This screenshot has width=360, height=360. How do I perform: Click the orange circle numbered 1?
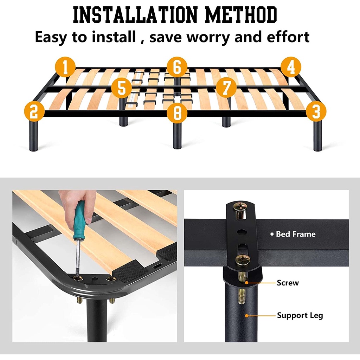click(65, 67)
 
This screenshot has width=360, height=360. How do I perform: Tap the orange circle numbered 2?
click(34, 111)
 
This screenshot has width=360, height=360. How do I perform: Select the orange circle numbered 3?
click(316, 111)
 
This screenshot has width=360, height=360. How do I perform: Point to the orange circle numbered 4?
click(291, 67)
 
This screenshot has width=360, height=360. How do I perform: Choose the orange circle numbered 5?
click(121, 88)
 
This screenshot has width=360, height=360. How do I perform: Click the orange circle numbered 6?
click(177, 67)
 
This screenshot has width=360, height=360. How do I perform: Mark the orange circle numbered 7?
click(226, 88)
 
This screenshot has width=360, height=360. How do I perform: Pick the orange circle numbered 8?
click(177, 113)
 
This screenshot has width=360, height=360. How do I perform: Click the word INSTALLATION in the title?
click(135, 15)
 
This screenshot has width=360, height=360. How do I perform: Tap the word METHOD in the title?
click(241, 15)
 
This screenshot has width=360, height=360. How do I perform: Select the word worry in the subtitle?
click(208, 37)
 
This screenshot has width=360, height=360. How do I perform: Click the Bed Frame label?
click(295, 234)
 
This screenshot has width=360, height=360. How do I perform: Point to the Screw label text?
click(288, 283)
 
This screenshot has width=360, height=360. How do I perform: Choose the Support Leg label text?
click(300, 315)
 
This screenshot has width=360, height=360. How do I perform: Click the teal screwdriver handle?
click(79, 220)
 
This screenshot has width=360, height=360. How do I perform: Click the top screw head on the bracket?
click(240, 207)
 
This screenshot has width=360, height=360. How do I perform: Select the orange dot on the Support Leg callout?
click(246, 316)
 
